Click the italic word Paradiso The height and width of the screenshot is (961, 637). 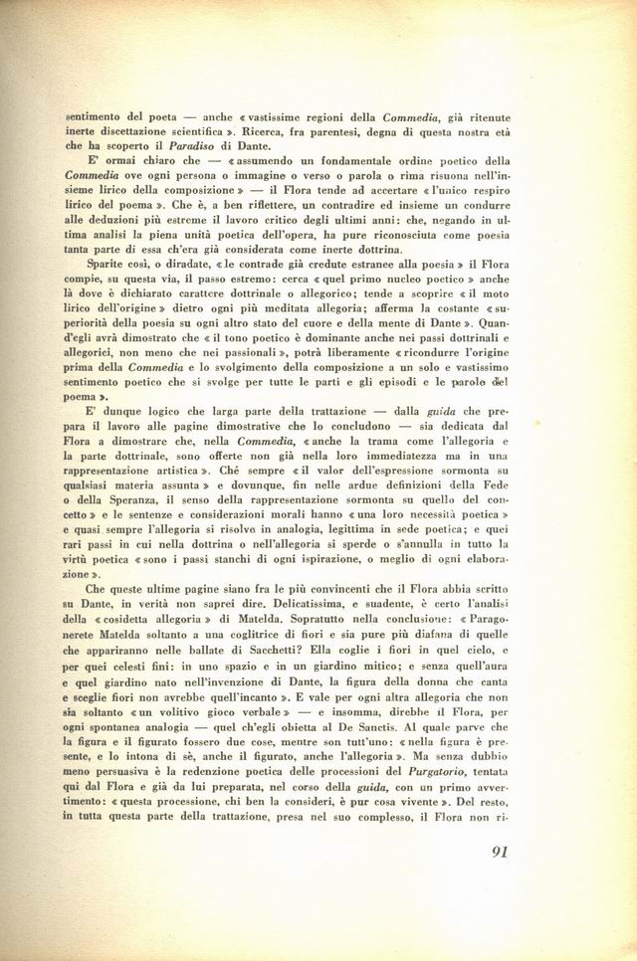193,144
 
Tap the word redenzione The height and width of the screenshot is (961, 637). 239,770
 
